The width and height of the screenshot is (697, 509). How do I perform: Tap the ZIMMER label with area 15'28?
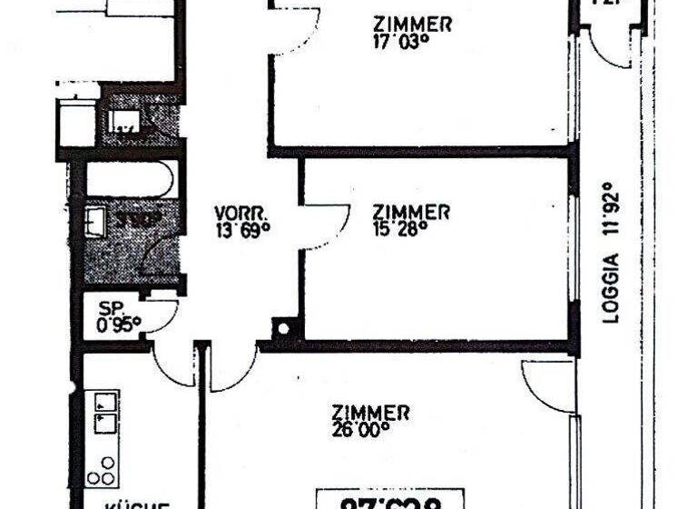coord(412,212)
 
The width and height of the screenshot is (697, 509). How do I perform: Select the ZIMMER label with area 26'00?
coord(370,412)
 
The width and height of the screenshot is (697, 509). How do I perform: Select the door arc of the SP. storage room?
coord(162,314)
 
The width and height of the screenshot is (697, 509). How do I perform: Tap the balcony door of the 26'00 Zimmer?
coord(549,386)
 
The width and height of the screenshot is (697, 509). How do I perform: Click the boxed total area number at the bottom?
coord(390,501)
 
